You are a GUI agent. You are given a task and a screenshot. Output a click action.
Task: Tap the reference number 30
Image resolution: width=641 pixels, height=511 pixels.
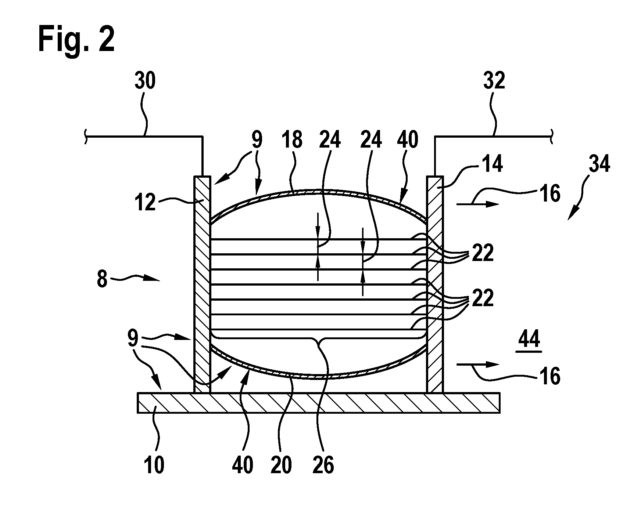145,81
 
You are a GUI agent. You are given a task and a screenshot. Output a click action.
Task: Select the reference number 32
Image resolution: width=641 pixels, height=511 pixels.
494,81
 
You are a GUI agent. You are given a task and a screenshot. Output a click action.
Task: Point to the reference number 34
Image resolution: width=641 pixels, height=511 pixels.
599,163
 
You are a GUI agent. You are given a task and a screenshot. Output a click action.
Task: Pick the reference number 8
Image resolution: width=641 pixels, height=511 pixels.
102,280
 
